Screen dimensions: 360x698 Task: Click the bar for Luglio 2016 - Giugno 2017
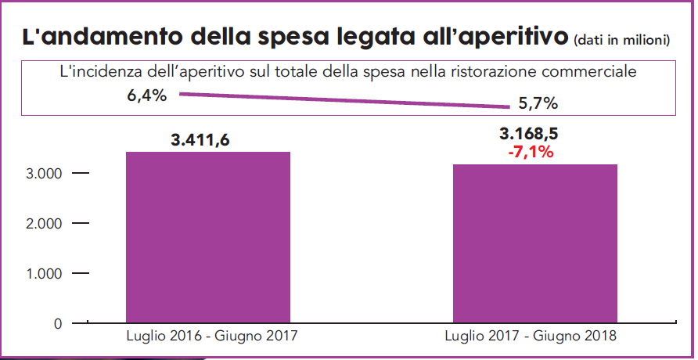click(x=208, y=236)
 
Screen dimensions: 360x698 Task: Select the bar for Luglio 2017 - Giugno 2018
click(x=535, y=243)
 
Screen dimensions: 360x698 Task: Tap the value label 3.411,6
click(x=207, y=141)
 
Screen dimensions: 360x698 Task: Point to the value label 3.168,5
click(x=531, y=133)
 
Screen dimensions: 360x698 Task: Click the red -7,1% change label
click(x=531, y=152)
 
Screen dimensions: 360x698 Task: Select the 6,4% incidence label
click(x=146, y=96)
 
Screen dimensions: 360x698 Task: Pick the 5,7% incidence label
click(x=538, y=103)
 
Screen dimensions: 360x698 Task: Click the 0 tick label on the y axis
click(x=57, y=322)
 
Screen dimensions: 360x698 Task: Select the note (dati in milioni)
click(x=622, y=40)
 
